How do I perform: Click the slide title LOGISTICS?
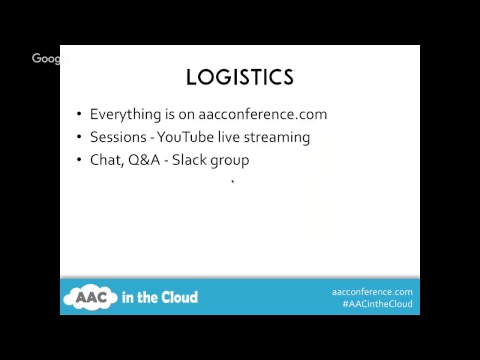pyautogui.click(x=240, y=77)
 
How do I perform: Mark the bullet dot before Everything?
pyautogui.click(x=79, y=115)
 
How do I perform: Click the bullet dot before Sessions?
pyautogui.click(x=79, y=138)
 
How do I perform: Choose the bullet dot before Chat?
pyautogui.click(x=79, y=161)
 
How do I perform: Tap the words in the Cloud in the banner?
pyautogui.click(x=161, y=297)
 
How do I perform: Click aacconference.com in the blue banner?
pyautogui.click(x=372, y=291)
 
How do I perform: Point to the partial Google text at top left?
pyautogui.click(x=46, y=59)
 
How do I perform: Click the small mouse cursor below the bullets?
pyautogui.click(x=233, y=182)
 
